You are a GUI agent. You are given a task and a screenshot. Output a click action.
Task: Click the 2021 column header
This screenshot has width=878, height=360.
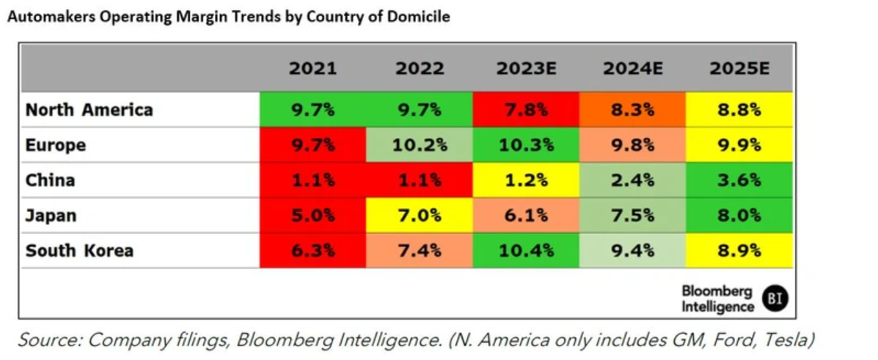(312, 69)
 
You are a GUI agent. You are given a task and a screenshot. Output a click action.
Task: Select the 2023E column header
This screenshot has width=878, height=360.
(526, 69)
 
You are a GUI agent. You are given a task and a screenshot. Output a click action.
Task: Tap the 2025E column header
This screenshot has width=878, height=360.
(739, 69)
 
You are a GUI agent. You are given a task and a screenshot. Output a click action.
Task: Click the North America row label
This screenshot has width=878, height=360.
(89, 110)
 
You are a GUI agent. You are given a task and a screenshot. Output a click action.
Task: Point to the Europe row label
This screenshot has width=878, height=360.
(56, 145)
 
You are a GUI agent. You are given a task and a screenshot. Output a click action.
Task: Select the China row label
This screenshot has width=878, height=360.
(50, 180)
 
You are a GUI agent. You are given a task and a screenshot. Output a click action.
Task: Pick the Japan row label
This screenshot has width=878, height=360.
(51, 216)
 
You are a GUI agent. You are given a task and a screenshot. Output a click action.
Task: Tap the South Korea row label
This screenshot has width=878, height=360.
(79, 250)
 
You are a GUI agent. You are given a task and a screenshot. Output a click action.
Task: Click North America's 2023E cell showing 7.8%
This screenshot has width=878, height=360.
(526, 110)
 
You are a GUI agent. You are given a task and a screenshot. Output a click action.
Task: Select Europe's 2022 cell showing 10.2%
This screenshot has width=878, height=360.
(420, 145)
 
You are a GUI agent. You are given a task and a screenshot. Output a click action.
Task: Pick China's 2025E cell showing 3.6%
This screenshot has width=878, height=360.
(739, 180)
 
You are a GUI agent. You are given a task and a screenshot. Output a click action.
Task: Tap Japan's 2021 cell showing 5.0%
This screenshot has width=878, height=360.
(312, 216)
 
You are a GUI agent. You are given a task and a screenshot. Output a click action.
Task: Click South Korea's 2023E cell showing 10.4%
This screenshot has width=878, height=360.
(526, 250)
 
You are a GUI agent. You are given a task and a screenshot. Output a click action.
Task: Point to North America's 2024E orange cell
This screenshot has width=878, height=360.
(632, 110)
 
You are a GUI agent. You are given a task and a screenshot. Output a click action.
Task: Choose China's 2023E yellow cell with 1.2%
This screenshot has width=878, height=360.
(526, 180)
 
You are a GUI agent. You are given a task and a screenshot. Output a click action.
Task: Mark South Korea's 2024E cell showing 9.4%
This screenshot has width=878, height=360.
(632, 250)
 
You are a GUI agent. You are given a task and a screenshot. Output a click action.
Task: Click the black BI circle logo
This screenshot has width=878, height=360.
(775, 298)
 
